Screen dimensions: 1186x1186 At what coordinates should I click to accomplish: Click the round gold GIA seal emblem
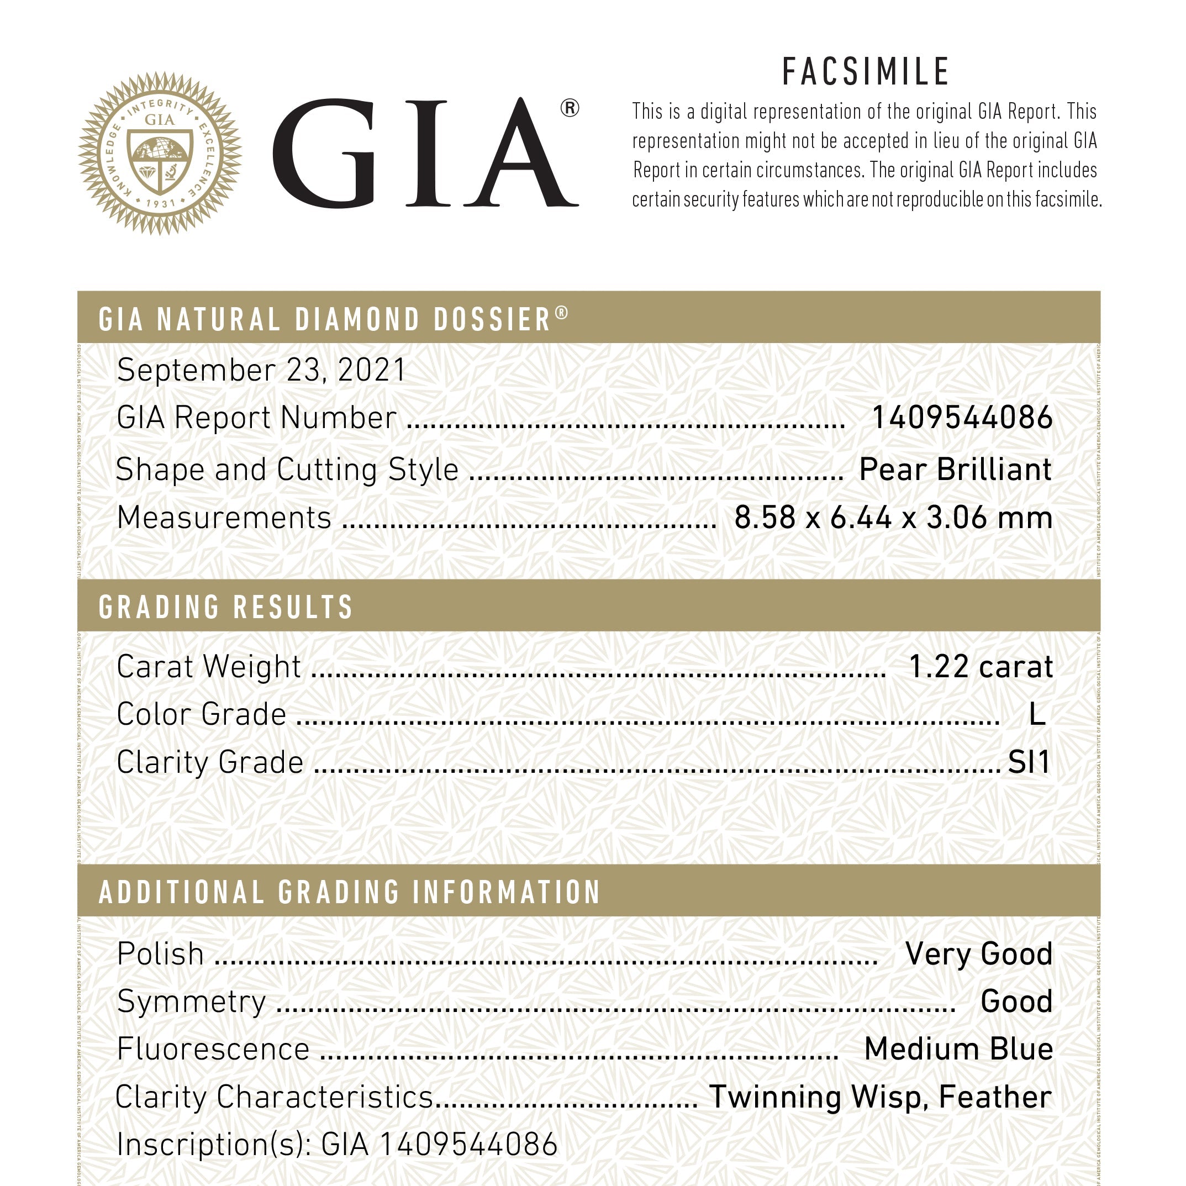tap(160, 154)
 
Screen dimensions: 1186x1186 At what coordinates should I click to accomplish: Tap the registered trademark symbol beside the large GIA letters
tap(570, 109)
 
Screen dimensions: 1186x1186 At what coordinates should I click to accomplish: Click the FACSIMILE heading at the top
tap(866, 72)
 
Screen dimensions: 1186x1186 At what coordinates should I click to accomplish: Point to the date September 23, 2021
tap(261, 370)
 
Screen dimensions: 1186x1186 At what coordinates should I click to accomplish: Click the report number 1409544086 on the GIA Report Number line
tap(962, 418)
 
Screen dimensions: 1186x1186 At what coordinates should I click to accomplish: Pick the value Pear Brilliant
tap(955, 470)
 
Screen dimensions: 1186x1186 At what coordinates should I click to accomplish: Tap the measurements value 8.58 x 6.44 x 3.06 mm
tap(893, 518)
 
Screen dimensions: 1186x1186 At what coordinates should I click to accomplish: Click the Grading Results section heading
tap(226, 607)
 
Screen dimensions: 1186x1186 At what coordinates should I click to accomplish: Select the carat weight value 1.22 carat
tap(981, 667)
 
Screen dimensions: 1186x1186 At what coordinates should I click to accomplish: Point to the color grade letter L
tap(1037, 714)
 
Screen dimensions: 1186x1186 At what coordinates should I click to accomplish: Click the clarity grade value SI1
tap(1029, 762)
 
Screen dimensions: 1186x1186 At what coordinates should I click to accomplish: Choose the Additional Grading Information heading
tap(349, 893)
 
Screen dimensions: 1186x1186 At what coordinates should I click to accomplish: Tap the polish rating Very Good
tap(978, 954)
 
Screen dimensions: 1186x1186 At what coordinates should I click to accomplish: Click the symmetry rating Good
tap(1016, 1002)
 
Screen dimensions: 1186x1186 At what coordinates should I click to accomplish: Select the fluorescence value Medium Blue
tap(958, 1049)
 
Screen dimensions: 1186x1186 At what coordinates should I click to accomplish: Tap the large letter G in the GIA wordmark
tap(324, 154)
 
